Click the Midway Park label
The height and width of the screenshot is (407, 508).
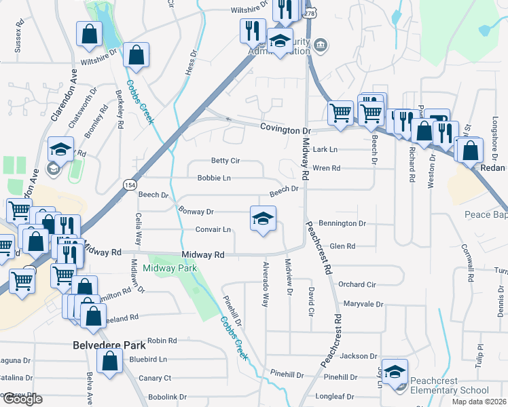pos(170,269)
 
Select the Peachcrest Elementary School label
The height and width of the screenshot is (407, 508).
pos(445,390)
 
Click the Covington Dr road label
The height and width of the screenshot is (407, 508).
pos(285,129)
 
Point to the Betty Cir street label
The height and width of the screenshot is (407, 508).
pos(225,161)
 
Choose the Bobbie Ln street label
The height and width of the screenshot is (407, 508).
pos(214,178)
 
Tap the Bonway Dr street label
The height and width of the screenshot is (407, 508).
pos(196,212)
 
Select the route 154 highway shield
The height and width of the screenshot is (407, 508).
pos(129,184)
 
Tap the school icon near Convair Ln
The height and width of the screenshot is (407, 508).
pos(264,218)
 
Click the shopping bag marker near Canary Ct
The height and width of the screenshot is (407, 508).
pos(109,362)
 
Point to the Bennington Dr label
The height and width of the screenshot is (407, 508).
pos(342,223)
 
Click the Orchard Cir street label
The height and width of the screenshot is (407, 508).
pos(357,285)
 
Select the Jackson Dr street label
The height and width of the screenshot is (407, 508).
pos(359,356)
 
